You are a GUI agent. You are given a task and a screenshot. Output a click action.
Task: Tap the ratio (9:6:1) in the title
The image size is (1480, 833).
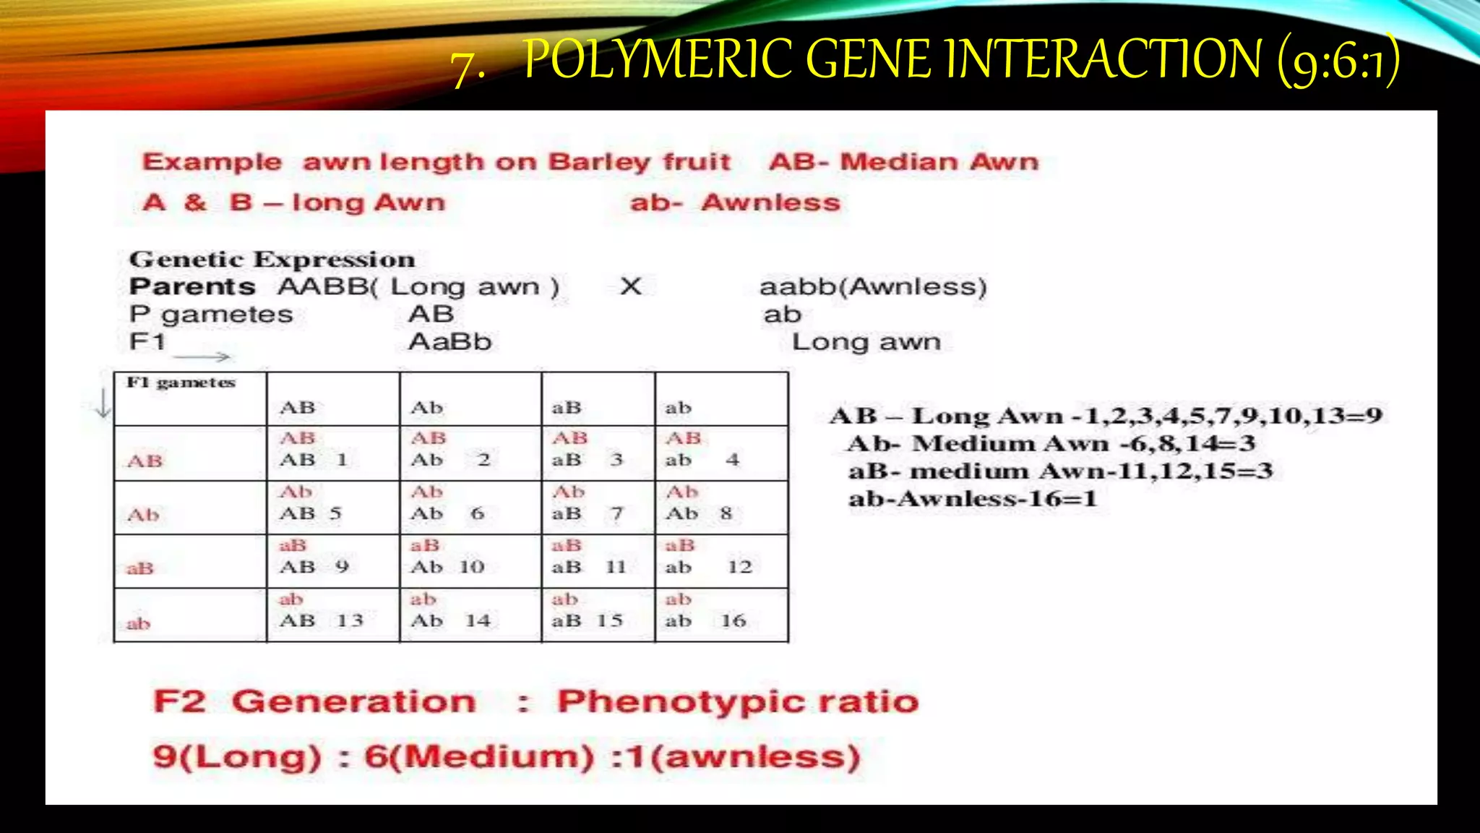click(1338, 61)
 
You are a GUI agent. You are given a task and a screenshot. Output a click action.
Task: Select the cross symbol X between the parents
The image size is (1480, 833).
click(630, 286)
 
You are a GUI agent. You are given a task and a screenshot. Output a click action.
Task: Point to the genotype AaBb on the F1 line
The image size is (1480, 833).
click(449, 342)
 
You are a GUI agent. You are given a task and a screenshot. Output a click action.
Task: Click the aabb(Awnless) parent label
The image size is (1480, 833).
click(873, 287)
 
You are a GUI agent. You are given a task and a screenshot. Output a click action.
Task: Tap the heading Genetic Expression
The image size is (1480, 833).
click(272, 260)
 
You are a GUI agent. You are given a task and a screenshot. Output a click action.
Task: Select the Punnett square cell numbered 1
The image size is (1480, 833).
click(332, 453)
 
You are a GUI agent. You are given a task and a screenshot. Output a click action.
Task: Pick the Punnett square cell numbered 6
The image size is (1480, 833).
click(470, 506)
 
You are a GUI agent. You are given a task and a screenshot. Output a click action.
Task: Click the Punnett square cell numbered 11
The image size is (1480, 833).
click(598, 560)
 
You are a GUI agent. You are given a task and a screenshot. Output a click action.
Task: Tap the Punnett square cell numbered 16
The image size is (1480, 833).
click(721, 615)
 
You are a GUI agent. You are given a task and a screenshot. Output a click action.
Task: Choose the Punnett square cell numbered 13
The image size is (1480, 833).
click(332, 615)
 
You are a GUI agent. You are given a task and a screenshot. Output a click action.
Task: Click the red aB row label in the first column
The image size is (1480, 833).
click(140, 568)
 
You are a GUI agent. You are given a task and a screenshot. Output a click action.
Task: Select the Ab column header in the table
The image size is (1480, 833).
click(426, 408)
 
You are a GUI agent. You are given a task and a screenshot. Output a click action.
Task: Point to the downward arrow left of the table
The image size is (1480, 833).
click(103, 403)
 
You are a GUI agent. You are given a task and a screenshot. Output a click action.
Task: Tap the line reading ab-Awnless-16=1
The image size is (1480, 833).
click(972, 499)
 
